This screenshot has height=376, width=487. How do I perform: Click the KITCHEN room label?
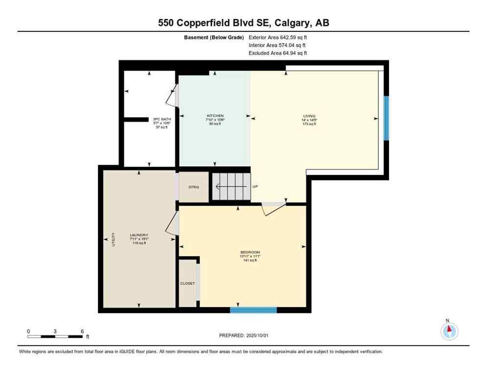coord(215,116)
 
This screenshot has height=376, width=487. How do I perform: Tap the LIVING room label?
coord(309,116)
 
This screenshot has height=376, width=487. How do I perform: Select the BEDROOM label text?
coord(250,252)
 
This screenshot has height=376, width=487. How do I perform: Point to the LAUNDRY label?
coord(139,235)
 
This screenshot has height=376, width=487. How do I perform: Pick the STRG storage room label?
coord(194,187)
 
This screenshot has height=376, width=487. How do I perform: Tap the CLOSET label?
coord(188,283)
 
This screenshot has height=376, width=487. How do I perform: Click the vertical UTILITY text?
coord(113,239)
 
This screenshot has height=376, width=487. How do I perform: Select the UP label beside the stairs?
coord(255,187)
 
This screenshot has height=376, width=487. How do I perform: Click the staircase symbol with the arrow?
coord(231,187)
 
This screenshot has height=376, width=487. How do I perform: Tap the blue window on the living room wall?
coord(386,118)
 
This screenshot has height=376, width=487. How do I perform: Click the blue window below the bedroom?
coord(253,309)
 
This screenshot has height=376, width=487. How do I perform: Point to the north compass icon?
coord(449,331)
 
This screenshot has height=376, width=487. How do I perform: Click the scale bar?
coord(55,336)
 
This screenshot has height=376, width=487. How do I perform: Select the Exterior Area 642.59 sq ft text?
coord(278,37)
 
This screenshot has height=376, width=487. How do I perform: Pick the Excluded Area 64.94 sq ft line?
coord(278,53)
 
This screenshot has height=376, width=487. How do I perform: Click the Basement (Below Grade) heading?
coord(214,37)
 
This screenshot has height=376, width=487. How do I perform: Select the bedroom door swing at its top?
coord(273,208)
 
